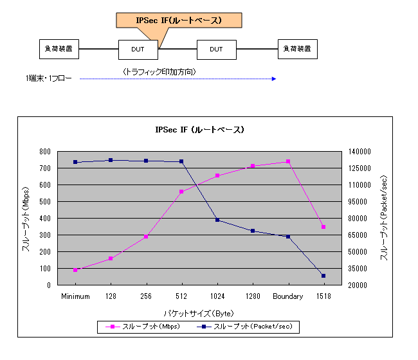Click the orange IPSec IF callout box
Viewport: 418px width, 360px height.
179,20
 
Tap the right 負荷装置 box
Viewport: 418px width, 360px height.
298,49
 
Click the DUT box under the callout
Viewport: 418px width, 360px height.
138,49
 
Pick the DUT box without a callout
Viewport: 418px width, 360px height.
216,49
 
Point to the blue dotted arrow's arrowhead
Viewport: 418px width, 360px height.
275,79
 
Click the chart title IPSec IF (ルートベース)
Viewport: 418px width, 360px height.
199,129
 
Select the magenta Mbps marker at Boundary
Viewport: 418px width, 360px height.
288,161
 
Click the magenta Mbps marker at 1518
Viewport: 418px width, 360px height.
323,227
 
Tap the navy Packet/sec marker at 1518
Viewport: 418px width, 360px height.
323,276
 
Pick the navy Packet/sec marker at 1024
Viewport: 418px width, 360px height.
217,220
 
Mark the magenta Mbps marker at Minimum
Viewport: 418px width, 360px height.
75,270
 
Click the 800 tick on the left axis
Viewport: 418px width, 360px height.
44,152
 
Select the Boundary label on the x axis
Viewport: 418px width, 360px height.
288,296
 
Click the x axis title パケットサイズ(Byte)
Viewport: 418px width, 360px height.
198,313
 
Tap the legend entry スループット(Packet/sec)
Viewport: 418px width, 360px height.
248,327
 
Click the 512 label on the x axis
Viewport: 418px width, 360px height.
182,296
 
